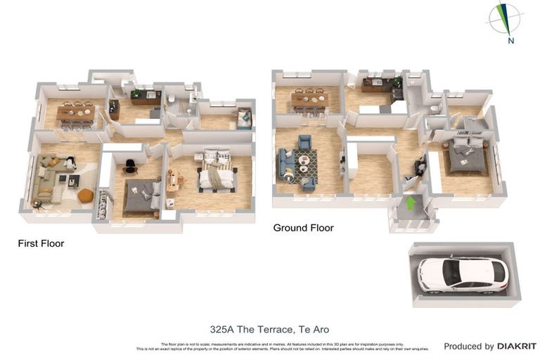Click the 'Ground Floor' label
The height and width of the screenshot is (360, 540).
303,228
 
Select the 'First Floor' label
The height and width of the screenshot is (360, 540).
41,244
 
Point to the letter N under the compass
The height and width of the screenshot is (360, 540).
511,41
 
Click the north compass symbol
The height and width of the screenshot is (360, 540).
505,18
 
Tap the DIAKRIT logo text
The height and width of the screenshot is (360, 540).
517,346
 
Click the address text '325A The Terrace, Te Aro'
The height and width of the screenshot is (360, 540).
269,329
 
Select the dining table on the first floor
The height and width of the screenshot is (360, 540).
75,112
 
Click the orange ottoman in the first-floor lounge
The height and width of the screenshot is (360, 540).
86,195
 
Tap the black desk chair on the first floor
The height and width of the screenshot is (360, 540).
130,166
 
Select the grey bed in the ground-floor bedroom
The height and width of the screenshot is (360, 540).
465,157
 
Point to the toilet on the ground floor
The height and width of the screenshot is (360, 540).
436,109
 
